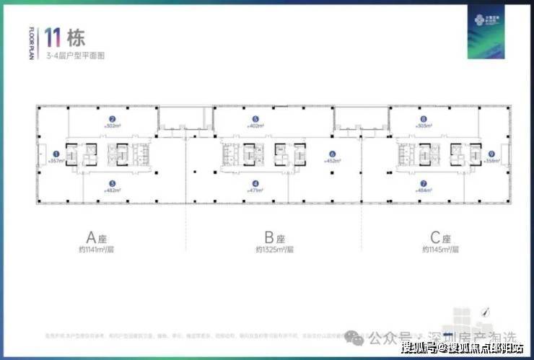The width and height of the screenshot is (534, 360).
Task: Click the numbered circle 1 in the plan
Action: coord(56,154)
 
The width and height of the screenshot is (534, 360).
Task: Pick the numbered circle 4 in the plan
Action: coord(255,183)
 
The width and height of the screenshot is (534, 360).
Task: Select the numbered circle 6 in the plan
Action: coord(332,154)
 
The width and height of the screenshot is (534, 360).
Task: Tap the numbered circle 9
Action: coord(491,154)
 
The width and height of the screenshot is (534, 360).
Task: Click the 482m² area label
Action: coord(112,190)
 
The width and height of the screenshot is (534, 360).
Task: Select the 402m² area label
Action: coord(255,126)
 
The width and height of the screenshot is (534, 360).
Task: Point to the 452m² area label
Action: coord(332,161)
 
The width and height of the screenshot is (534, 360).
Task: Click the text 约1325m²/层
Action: coord(270,250)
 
